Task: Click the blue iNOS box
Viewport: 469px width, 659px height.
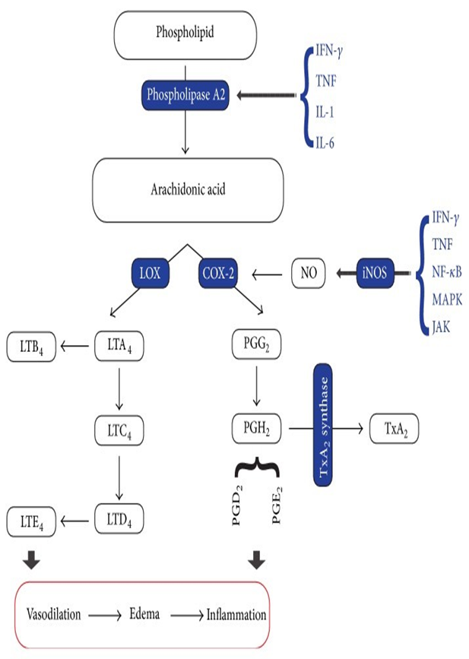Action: (x=376, y=272)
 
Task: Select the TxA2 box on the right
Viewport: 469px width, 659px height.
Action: (x=393, y=429)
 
